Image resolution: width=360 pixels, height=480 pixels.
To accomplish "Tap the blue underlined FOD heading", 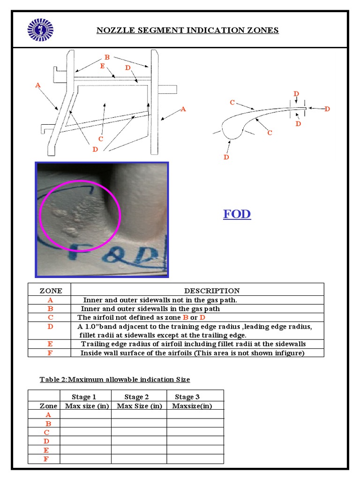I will (237, 214).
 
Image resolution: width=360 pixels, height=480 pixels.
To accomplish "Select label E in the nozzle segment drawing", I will (102, 66).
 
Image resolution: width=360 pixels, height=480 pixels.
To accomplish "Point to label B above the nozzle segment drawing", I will (107, 57).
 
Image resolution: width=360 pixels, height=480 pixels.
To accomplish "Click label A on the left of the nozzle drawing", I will (37, 85).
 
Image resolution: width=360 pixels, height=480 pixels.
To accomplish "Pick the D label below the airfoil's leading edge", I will (226, 157).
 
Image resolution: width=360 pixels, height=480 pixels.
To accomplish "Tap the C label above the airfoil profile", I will (232, 102).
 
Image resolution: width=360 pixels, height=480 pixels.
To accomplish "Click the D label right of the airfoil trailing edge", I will (327, 109).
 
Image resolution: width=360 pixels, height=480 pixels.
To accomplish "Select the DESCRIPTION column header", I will (211, 291).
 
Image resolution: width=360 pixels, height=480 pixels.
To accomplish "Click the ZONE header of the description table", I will (49, 291).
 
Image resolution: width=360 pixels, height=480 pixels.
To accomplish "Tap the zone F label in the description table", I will (50, 352).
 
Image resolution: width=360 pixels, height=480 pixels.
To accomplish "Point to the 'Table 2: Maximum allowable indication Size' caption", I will (115, 379).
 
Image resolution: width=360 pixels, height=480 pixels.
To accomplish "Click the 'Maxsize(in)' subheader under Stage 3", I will (192, 406).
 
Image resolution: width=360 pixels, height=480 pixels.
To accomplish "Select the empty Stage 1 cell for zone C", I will (85, 432).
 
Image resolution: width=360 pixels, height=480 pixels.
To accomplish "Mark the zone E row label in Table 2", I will (46, 450).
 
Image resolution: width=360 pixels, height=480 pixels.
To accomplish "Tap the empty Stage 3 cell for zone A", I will (195, 414).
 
